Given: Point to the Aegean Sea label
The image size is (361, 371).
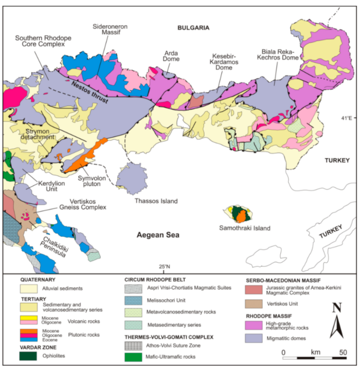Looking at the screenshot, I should (x=158, y=236).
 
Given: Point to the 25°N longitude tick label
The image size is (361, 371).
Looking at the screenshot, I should (x=164, y=267).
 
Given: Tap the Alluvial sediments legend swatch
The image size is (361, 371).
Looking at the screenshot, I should (x=28, y=288).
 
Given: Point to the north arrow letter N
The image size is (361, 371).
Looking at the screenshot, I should (x=336, y=308).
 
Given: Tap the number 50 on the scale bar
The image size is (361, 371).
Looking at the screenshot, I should (x=343, y=352).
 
